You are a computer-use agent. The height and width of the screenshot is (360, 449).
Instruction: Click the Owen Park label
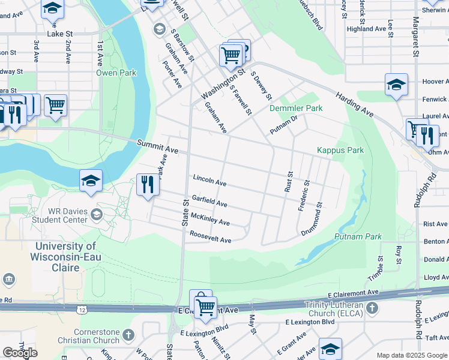pos(116,73)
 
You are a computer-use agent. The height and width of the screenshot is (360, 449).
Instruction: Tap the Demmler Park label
pos(296,108)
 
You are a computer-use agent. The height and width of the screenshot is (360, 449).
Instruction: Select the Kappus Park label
pos(340,150)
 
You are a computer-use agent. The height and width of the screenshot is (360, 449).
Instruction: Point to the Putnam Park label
pos(360,237)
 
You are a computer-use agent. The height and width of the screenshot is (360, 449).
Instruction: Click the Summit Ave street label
pos(157,146)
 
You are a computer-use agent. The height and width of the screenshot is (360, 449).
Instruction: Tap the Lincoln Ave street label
pos(209,180)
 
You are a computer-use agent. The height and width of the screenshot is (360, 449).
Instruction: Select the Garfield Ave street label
pos(209,200)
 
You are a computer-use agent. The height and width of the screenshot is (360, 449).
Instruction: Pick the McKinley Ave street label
pos(210,220)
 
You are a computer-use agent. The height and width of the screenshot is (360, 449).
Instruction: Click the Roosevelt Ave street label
pos(210,237)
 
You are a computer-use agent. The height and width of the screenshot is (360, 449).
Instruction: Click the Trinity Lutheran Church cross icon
pos(372,308)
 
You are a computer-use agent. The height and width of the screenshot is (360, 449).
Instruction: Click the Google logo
pos(20,353)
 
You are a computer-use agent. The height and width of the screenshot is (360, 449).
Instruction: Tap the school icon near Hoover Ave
pos(396,85)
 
